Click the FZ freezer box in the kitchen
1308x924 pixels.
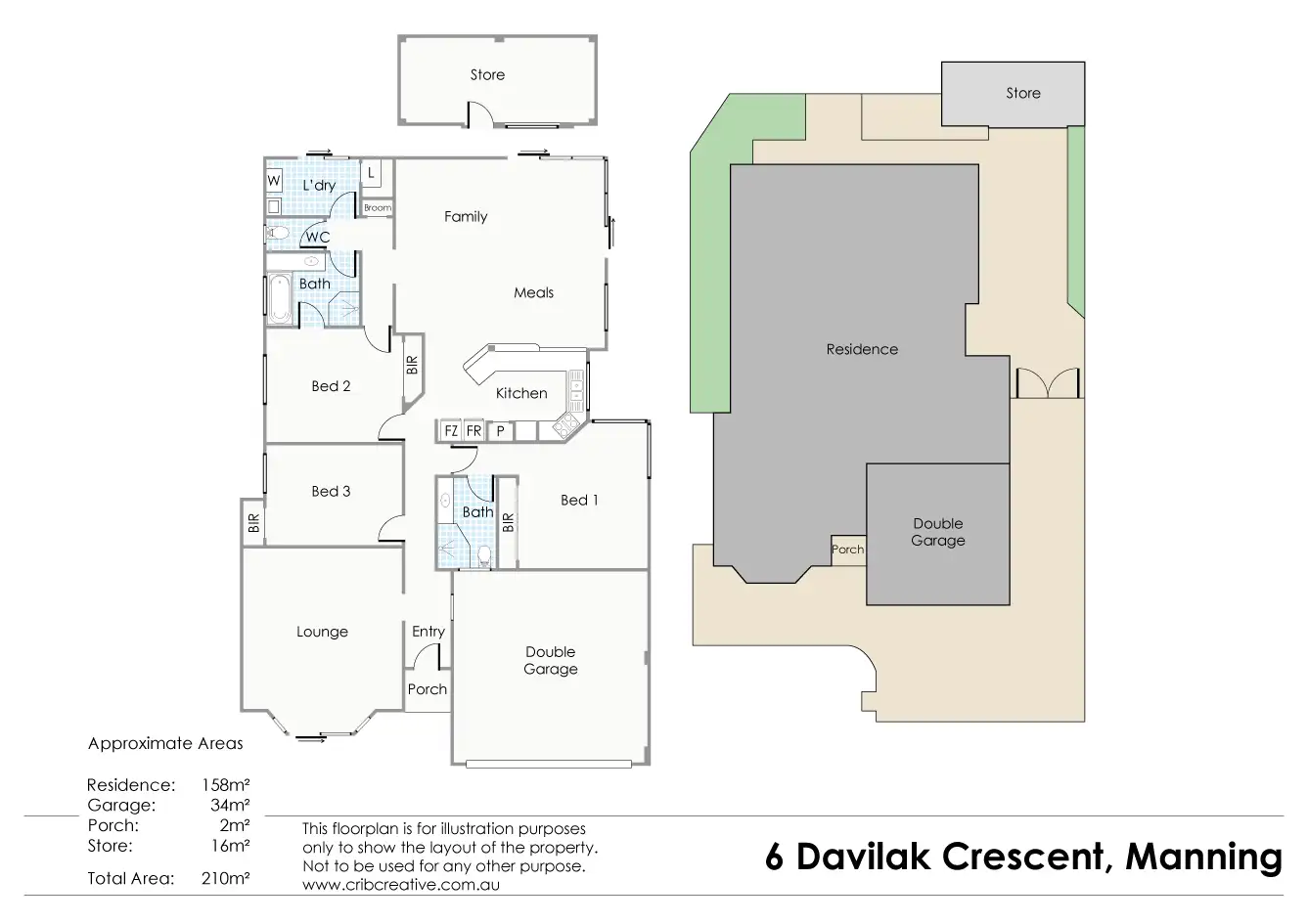click(451, 431)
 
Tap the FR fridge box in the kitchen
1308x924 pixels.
click(474, 431)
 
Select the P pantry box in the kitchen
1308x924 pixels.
click(500, 431)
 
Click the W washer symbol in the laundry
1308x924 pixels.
click(274, 180)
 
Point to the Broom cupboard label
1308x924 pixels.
click(378, 208)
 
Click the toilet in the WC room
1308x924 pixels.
click(278, 234)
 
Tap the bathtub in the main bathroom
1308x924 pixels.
click(280, 299)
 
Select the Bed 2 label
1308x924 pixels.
click(331, 386)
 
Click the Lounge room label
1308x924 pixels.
click(322, 632)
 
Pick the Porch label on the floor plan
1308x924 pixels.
click(428, 688)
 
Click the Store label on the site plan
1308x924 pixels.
click(1023, 93)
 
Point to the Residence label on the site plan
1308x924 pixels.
click(862, 349)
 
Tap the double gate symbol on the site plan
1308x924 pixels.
click(1048, 383)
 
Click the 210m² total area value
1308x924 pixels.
click(225, 878)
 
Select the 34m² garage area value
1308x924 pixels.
click(230, 805)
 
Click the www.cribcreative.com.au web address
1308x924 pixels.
click(401, 884)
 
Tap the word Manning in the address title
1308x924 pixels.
click(1204, 858)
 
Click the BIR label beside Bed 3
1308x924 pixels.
click(253, 522)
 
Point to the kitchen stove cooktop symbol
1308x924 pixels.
click(565, 425)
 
